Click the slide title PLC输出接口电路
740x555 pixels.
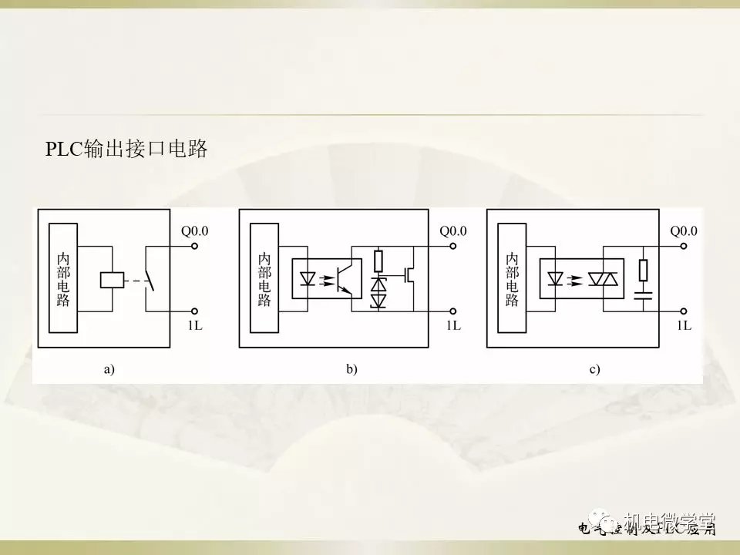coord(127,150)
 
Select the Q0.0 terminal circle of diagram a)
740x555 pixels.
coord(195,247)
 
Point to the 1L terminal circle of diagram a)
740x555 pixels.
coord(195,311)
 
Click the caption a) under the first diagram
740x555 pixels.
coord(109,370)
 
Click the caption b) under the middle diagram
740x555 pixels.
coord(352,370)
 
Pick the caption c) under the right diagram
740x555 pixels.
coord(594,370)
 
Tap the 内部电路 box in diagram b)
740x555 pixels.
coord(264,279)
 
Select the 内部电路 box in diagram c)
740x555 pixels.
coord(512,279)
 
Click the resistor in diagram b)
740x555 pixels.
coord(378,260)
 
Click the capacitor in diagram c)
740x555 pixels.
coord(642,294)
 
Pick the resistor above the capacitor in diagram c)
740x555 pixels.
coord(642,271)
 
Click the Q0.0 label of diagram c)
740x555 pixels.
coord(683,230)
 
